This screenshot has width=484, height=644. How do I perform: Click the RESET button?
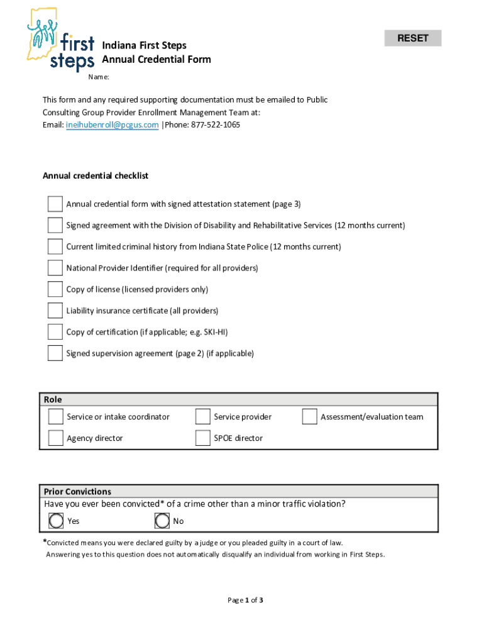pyautogui.click(x=412, y=38)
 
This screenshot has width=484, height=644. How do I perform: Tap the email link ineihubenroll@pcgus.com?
pyautogui.click(x=112, y=125)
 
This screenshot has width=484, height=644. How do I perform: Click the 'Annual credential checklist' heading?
pyautogui.click(x=96, y=176)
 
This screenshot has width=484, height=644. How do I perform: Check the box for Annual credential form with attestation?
pyautogui.click(x=55, y=204)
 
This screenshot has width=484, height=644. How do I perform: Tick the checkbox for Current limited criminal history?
pyautogui.click(x=55, y=247)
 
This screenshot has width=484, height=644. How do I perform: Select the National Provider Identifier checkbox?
pyautogui.click(x=55, y=269)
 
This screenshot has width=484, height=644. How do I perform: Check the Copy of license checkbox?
pyautogui.click(x=55, y=290)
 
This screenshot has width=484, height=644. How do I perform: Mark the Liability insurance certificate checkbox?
pyautogui.click(x=55, y=311)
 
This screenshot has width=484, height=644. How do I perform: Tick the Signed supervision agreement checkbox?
pyautogui.click(x=55, y=353)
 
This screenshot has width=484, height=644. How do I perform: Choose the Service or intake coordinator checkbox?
pyautogui.click(x=56, y=417)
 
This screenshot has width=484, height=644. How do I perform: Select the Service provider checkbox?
pyautogui.click(x=202, y=417)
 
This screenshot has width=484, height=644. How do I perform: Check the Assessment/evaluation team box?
pyautogui.click(x=309, y=417)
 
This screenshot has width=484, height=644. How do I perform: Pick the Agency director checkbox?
pyautogui.click(x=56, y=438)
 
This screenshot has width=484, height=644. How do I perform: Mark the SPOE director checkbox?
pyautogui.click(x=202, y=438)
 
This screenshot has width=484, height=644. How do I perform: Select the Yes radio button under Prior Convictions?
pyautogui.click(x=57, y=521)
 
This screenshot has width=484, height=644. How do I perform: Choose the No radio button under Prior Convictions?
pyautogui.click(x=162, y=521)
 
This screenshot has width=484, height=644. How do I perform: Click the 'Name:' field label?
pyautogui.click(x=99, y=77)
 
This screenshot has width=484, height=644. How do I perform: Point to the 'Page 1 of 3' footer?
pyautogui.click(x=245, y=601)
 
